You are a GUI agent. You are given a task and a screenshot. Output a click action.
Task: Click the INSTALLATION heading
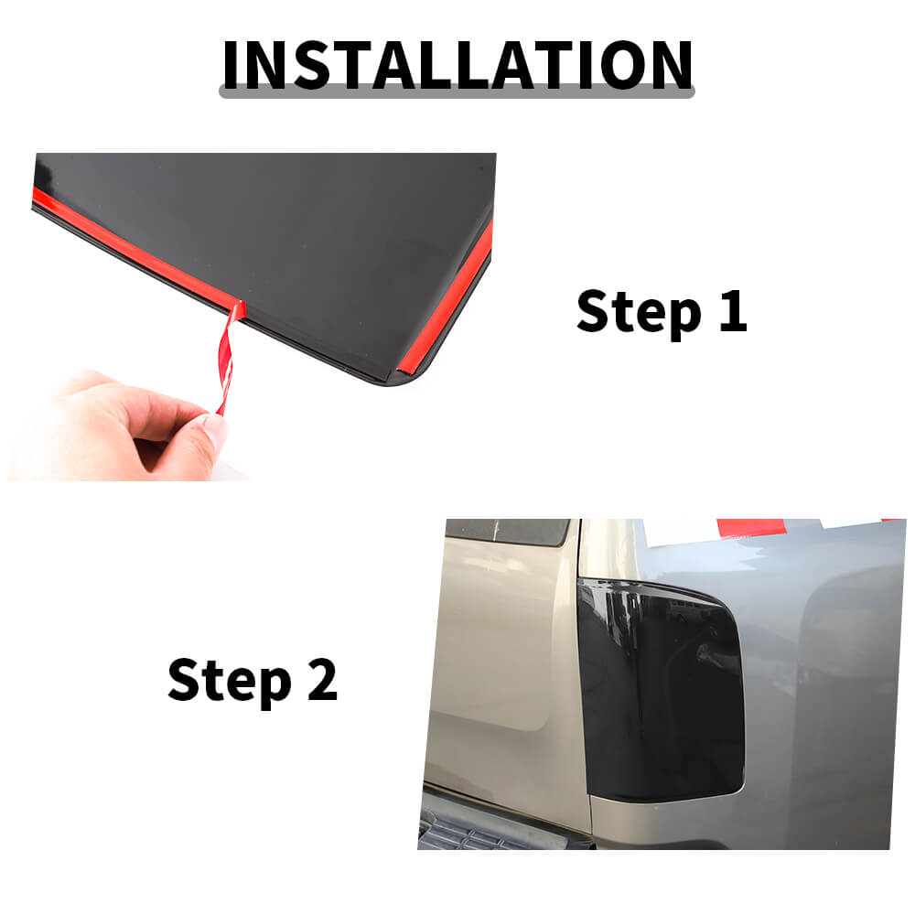tap(457, 65)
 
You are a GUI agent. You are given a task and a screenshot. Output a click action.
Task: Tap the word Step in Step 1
tap(639, 313)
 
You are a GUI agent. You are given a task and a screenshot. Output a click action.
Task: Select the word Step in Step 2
tap(230, 682)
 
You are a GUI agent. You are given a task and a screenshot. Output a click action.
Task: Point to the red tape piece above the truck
tap(751, 527)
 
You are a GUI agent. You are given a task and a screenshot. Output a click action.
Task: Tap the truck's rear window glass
tap(507, 532)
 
